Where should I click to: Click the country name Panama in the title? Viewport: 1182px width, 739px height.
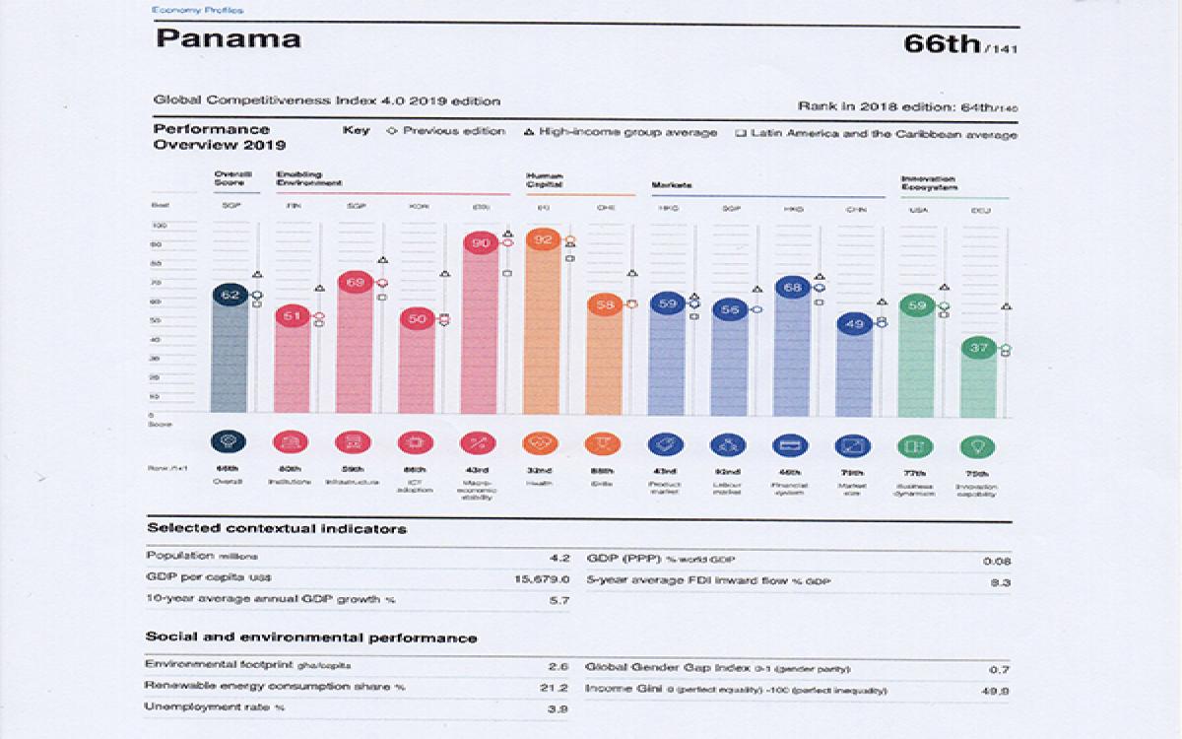(228, 40)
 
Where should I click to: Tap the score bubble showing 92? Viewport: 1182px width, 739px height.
(542, 239)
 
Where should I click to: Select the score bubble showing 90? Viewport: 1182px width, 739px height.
(481, 243)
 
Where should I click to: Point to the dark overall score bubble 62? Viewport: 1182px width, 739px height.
(230, 295)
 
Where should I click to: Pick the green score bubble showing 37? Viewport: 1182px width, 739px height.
(978, 348)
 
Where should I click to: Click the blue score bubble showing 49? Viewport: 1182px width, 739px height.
(854, 323)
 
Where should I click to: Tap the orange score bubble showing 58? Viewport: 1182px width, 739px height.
(605, 305)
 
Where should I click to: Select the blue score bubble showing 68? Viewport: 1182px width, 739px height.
(793, 288)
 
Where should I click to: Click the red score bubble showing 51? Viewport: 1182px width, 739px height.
(292, 316)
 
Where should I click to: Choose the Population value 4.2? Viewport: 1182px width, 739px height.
(558, 557)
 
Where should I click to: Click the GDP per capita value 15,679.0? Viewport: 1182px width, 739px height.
(541, 578)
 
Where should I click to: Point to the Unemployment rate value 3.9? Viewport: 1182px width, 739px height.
(558, 707)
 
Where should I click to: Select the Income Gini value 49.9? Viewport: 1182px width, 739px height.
(997, 690)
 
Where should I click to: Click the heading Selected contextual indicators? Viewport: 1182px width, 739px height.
(276, 529)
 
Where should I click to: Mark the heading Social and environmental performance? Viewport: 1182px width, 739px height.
(310, 638)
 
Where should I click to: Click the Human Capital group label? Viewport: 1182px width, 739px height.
(544, 179)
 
